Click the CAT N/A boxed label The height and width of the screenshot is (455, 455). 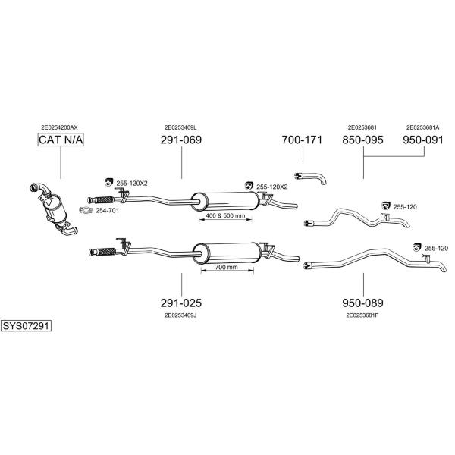click(61, 140)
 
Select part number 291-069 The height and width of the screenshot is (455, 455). click(181, 140)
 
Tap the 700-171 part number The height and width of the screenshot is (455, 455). click(302, 140)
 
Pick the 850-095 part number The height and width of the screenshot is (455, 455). click(362, 140)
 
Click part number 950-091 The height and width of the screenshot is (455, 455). click(423, 140)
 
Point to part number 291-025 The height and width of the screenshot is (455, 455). click(181, 303)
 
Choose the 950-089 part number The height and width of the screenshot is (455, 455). click(362, 303)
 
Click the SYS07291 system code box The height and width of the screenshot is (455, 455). click(26, 326)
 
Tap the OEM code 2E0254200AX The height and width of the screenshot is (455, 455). click(59, 127)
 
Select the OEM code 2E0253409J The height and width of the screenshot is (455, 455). click(180, 315)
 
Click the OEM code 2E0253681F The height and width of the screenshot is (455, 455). click(362, 315)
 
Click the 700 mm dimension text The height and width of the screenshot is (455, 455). click(226, 267)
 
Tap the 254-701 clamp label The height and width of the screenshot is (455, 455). click(108, 210)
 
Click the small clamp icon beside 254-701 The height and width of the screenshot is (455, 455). click(86, 210)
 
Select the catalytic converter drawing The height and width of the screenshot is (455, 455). click(54, 209)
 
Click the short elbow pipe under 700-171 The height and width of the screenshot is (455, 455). click(310, 177)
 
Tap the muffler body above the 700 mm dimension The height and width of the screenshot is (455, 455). click(227, 253)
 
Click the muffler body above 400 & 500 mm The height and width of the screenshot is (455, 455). click(225, 201)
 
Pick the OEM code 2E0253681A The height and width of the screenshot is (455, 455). click(423, 127)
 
